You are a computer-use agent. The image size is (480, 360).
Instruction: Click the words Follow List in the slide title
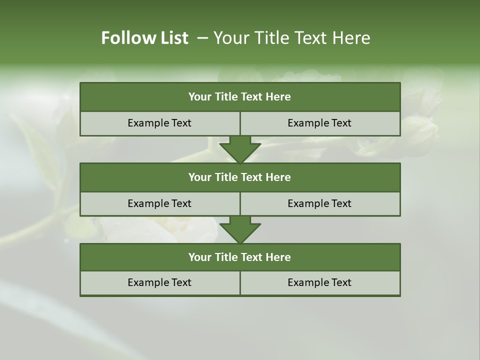coord(144,38)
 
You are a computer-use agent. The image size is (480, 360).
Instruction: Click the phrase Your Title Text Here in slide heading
coord(291,38)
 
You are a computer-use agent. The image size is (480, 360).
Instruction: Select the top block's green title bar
coord(240,97)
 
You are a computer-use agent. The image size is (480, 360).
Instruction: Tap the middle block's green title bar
coord(240,177)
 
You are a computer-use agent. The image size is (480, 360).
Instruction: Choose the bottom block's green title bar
coord(240,257)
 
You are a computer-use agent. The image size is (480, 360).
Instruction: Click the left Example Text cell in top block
coord(159,123)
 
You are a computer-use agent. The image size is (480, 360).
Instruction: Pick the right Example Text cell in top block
coord(319,123)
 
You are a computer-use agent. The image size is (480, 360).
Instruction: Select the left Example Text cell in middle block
coord(159,203)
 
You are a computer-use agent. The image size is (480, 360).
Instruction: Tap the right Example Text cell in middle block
coord(319,203)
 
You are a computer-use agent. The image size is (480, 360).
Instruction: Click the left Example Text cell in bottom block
coord(159,282)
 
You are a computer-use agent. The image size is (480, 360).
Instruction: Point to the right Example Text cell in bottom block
coord(319,282)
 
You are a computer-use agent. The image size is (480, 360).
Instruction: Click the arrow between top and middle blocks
coord(240,149)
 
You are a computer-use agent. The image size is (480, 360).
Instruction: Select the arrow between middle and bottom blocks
coord(240,230)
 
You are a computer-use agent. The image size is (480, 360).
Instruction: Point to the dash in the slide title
coord(202,38)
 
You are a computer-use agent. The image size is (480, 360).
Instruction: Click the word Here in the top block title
coord(278,97)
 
